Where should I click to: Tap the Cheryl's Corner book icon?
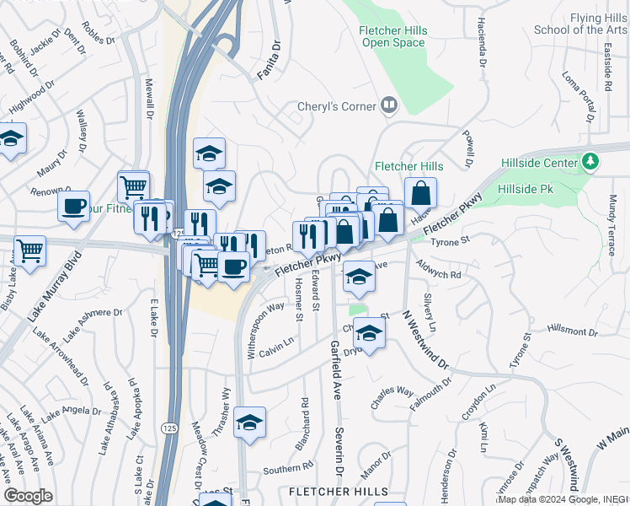(389, 106)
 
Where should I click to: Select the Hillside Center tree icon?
(591, 161)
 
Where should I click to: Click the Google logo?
(28, 495)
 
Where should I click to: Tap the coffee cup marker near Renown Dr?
(74, 205)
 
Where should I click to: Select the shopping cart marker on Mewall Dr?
(133, 186)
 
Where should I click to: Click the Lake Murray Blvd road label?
(56, 288)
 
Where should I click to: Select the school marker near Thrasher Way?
(249, 423)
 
